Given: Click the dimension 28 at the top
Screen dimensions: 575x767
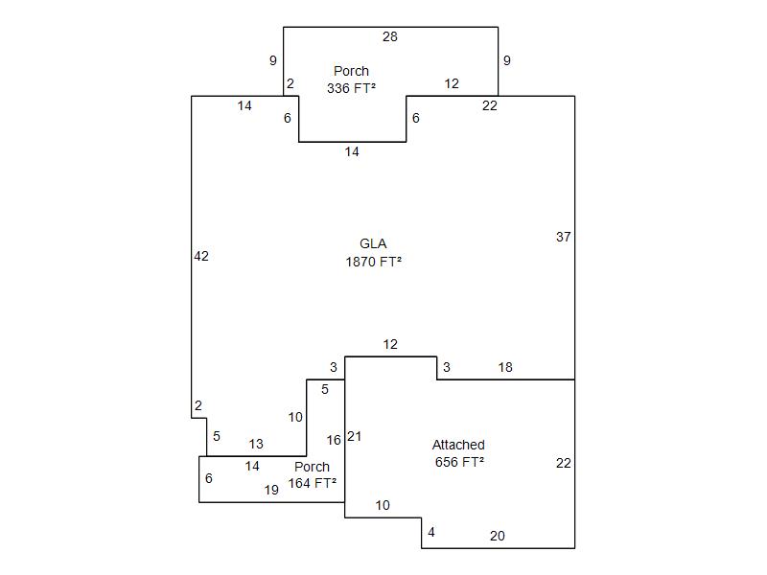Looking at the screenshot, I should coord(389,37).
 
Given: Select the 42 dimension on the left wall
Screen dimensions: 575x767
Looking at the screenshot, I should coord(201,256).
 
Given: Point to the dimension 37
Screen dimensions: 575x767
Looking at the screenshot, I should coord(563,237).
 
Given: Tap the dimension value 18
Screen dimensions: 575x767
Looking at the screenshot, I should coord(505,367).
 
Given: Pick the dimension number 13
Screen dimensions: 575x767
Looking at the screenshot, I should coord(256,445).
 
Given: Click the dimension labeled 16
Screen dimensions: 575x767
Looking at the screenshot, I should coord(334,440).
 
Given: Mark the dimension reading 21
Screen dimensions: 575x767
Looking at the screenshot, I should coord(355,436).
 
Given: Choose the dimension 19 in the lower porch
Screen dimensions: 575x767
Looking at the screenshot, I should coord(271,490).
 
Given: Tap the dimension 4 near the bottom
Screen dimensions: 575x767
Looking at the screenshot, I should coord(431,532).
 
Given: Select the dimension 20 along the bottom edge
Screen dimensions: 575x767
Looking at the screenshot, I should coord(497,536).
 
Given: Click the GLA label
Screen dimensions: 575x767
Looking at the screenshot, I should coord(373,244).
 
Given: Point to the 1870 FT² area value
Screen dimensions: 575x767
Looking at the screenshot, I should coord(373,261).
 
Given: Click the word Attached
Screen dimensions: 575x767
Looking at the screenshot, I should coord(458,445).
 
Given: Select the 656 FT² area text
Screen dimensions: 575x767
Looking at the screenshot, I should coord(458,461).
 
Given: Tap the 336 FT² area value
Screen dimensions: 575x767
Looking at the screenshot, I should coord(351,87).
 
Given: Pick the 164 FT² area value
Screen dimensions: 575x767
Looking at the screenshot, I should coord(313,483).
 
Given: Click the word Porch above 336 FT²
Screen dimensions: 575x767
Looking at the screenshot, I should coord(351,71).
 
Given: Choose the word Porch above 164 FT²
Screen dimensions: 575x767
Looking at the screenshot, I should coord(312,467).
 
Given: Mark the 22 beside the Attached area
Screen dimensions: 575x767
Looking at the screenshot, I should coord(563,463).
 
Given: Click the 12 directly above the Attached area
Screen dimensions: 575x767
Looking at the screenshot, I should coord(389,344).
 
